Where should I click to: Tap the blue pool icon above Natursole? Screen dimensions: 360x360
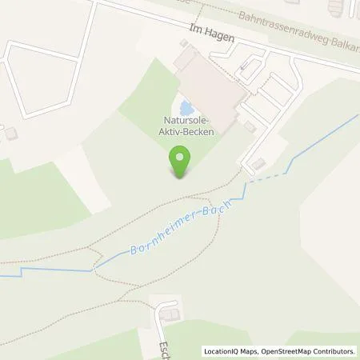(x=186, y=107)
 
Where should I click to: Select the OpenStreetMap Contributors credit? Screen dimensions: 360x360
(x=311, y=351)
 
